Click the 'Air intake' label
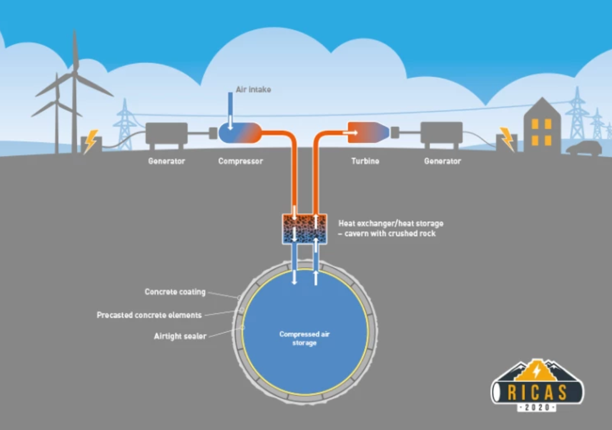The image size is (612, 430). click(x=253, y=89)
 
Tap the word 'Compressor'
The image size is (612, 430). click(x=240, y=161)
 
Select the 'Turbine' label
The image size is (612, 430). click(x=365, y=161)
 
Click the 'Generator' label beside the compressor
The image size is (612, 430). click(x=166, y=161)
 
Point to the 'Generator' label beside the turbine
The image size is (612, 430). click(x=442, y=161)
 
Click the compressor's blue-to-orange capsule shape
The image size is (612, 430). click(x=240, y=132)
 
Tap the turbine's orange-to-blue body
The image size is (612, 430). click(x=368, y=132)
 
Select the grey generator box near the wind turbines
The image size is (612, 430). click(x=166, y=134)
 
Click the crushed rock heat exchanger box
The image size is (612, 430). click(x=304, y=228)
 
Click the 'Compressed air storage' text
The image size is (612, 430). click(x=304, y=338)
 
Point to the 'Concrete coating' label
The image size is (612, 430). click(x=175, y=292)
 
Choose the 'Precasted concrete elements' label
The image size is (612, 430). click(x=149, y=315)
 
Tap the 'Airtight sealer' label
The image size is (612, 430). click(x=180, y=336)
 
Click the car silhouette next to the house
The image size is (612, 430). click(x=583, y=148)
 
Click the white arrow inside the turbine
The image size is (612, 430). click(x=353, y=132)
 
